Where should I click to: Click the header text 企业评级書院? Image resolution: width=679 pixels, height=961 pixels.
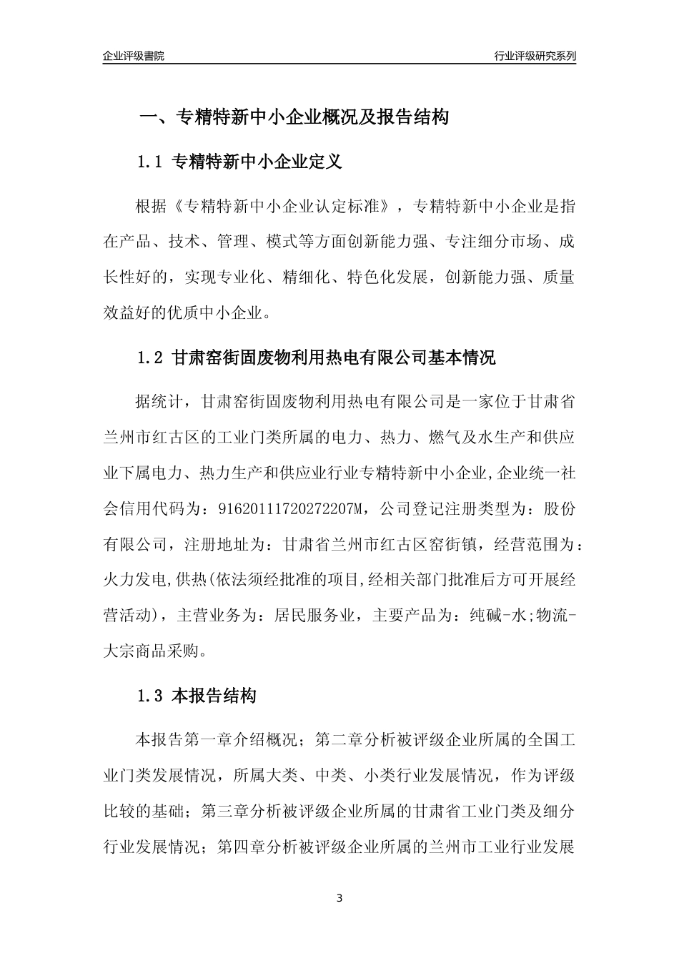pos(134,56)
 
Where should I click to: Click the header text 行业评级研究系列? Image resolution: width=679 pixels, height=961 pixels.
pos(535,56)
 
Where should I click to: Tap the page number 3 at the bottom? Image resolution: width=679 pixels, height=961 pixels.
pos(339,898)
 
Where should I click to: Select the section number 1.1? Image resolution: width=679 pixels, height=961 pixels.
pos(151,162)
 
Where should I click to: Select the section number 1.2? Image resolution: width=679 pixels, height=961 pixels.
pos(151,358)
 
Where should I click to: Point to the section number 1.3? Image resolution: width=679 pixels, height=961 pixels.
pos(151,696)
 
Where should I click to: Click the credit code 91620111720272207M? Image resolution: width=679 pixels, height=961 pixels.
pos(285,508)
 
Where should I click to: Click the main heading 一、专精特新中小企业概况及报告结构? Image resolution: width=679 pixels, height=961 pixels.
pos(293,117)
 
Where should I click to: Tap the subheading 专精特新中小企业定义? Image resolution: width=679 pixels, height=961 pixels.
pos(258,162)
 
